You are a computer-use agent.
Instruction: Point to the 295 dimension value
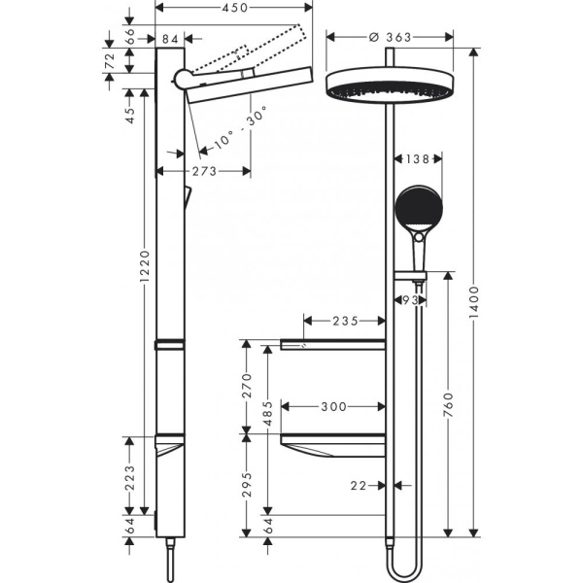point(247,483)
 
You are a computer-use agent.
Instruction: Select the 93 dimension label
point(411,301)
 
